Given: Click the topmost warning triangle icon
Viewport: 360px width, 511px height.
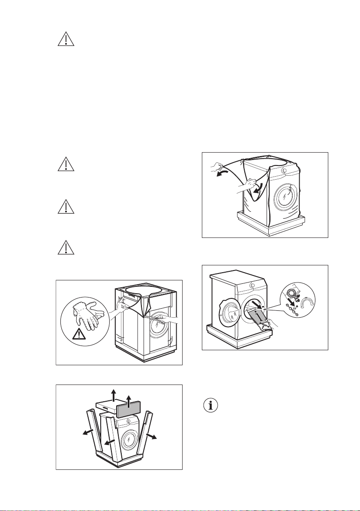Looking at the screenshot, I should [x=66, y=39].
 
